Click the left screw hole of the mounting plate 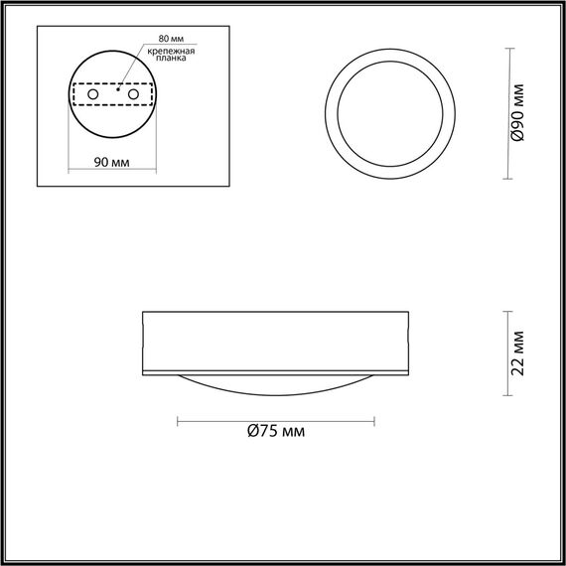tap(93, 93)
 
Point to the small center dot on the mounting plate tap(117, 93)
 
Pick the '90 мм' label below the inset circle tap(109, 163)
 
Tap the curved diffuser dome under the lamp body tap(275, 384)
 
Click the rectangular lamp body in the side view tap(275, 342)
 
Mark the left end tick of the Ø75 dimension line tap(178, 421)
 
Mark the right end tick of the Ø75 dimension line tap(374, 421)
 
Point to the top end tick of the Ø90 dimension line tap(510, 49)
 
